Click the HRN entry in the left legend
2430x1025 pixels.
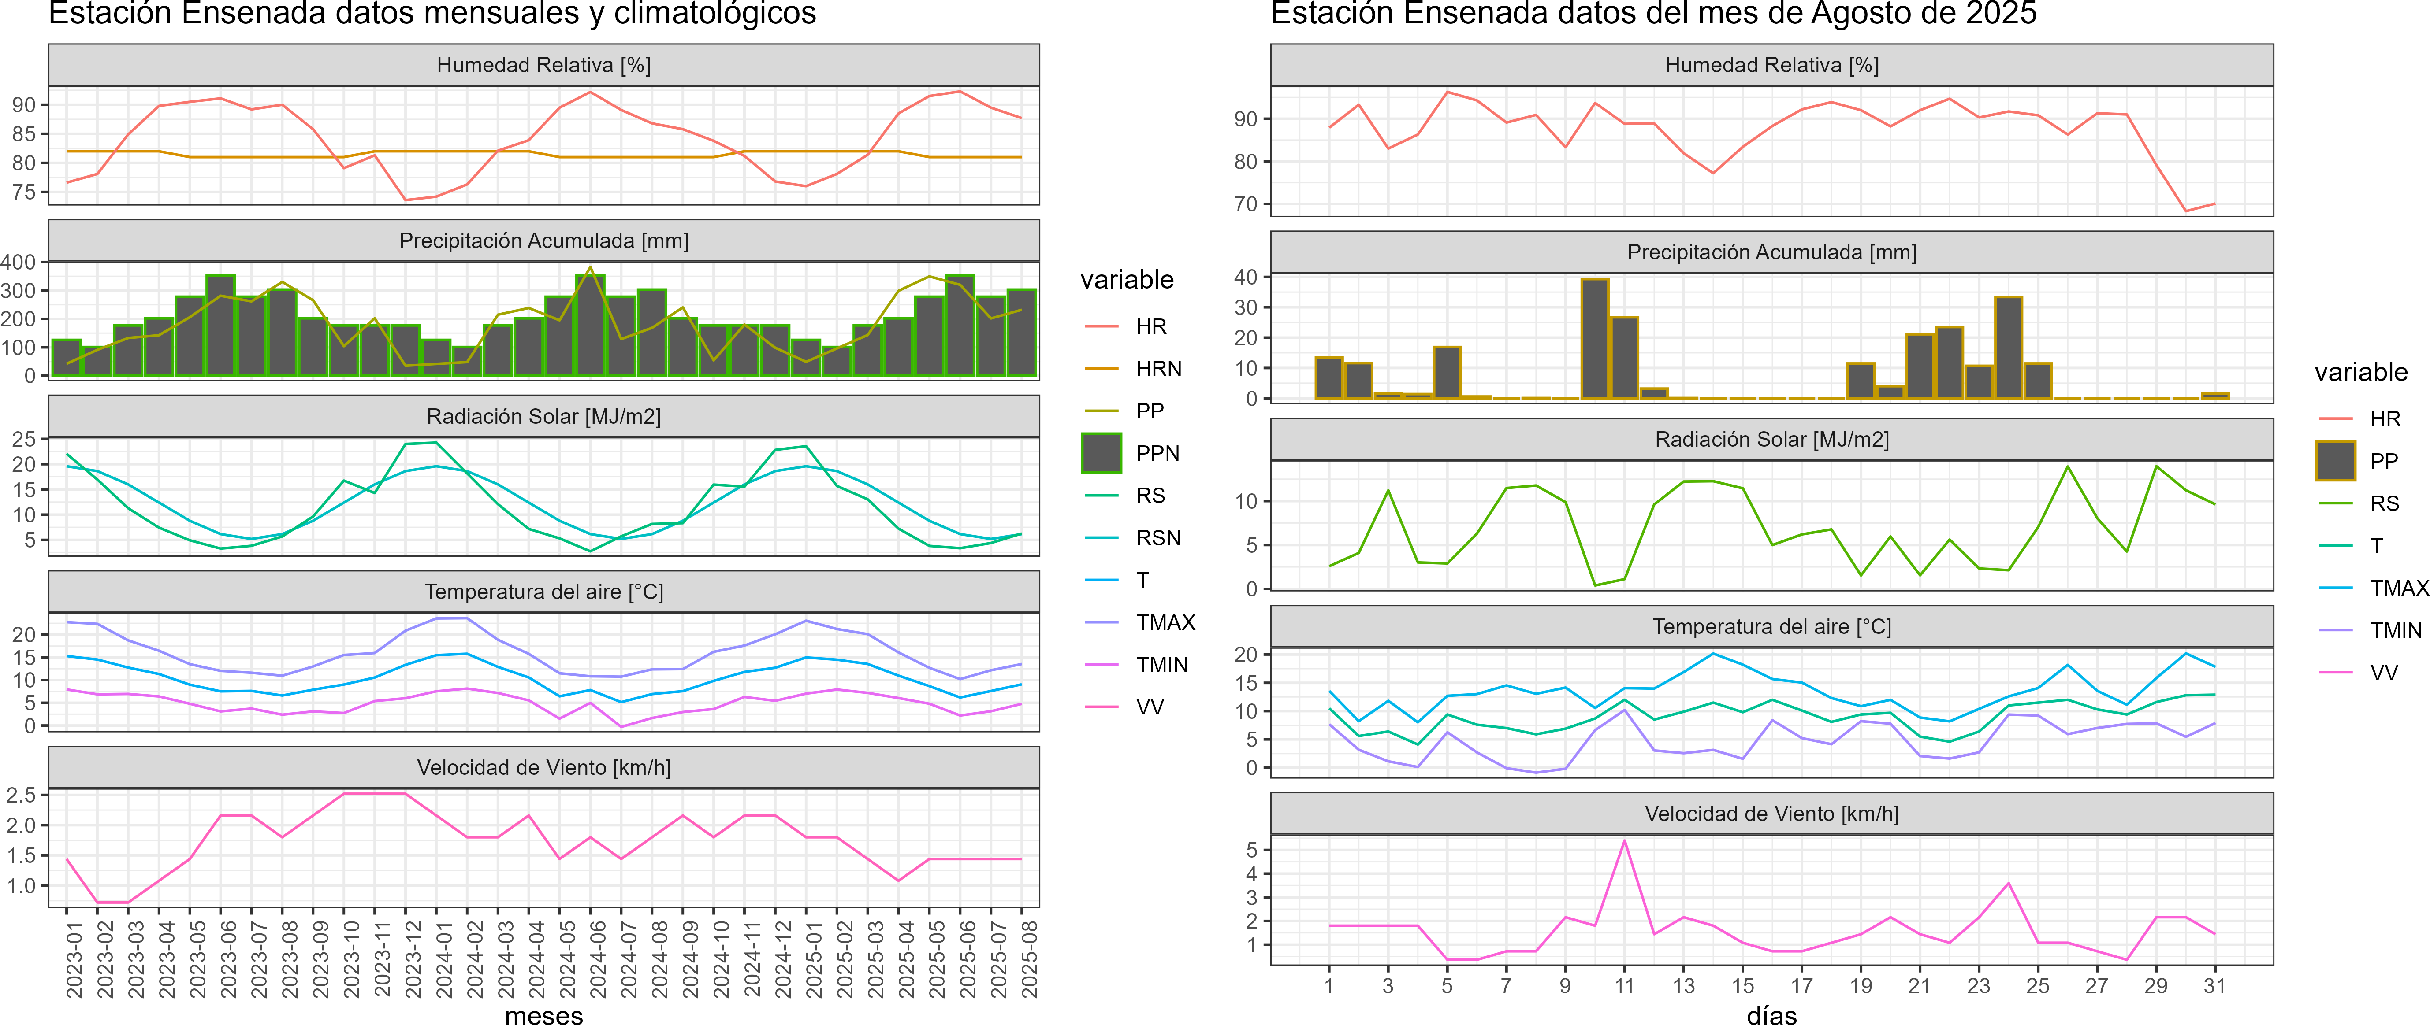pos(1157,369)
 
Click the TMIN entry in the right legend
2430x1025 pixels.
pos(2395,630)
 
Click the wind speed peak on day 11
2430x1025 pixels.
pos(1623,841)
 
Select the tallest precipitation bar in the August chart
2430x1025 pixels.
pos(1594,337)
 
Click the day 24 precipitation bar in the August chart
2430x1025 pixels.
pos(2007,347)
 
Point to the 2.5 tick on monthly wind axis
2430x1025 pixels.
pos(21,795)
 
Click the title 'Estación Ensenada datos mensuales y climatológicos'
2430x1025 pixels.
pos(432,13)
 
